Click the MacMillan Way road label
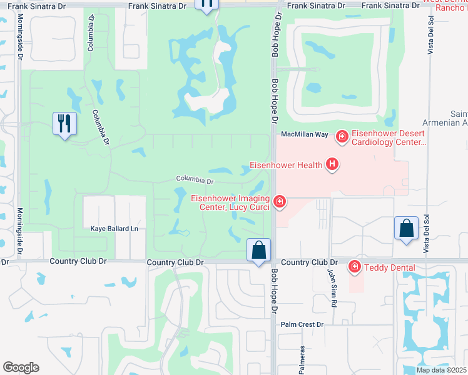point(305,134)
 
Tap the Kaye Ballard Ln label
point(113,229)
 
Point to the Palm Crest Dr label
point(302,324)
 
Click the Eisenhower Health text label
point(286,165)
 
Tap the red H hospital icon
point(332,164)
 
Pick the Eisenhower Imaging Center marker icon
point(280,201)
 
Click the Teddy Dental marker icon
point(355,267)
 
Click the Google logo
point(21,367)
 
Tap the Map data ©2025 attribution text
point(442,370)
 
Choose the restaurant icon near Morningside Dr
point(65,123)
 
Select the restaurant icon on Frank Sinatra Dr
point(207,4)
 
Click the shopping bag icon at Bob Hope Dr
point(258,251)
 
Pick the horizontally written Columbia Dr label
point(195,180)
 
